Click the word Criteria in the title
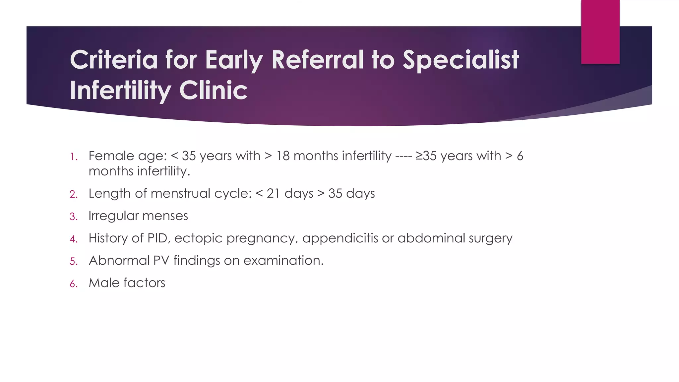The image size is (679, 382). [x=113, y=60]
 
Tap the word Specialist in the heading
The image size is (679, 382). [x=461, y=60]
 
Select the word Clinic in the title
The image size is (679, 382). [x=213, y=90]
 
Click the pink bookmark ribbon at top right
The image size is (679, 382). [x=600, y=32]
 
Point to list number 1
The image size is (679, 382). [x=74, y=157]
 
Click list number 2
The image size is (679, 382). [x=74, y=194]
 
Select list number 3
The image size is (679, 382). [x=74, y=217]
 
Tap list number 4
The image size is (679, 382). [x=74, y=239]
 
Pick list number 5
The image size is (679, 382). [x=74, y=261]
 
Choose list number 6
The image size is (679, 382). [x=74, y=284]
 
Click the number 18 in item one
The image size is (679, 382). [x=283, y=156]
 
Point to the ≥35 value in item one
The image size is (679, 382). [x=426, y=156]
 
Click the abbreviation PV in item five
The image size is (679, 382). [x=161, y=261]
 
